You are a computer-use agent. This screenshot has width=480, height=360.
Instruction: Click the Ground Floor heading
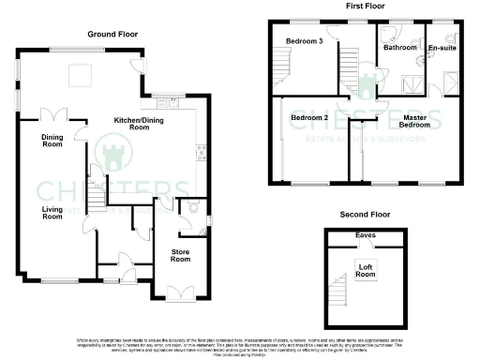tap(112, 34)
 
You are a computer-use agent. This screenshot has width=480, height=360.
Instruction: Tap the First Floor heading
tap(367, 7)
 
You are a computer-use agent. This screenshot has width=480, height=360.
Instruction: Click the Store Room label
tap(180, 255)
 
